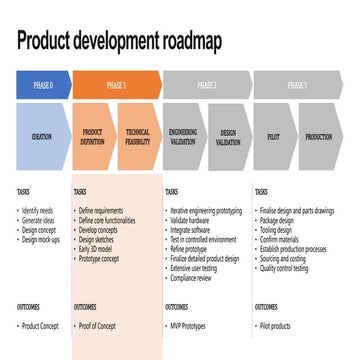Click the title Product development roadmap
click(x=120, y=42)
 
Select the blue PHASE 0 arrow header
click(x=42, y=86)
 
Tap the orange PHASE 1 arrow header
click(x=115, y=86)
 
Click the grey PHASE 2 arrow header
click(x=206, y=86)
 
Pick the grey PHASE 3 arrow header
click(x=296, y=86)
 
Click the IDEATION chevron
click(x=42, y=136)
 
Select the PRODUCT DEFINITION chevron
click(x=93, y=136)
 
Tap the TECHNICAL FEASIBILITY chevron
click(x=138, y=136)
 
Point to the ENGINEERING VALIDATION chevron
click(x=183, y=136)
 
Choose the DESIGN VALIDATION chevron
click(x=228, y=136)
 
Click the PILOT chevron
click(x=274, y=136)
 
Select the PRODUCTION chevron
click(x=318, y=136)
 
